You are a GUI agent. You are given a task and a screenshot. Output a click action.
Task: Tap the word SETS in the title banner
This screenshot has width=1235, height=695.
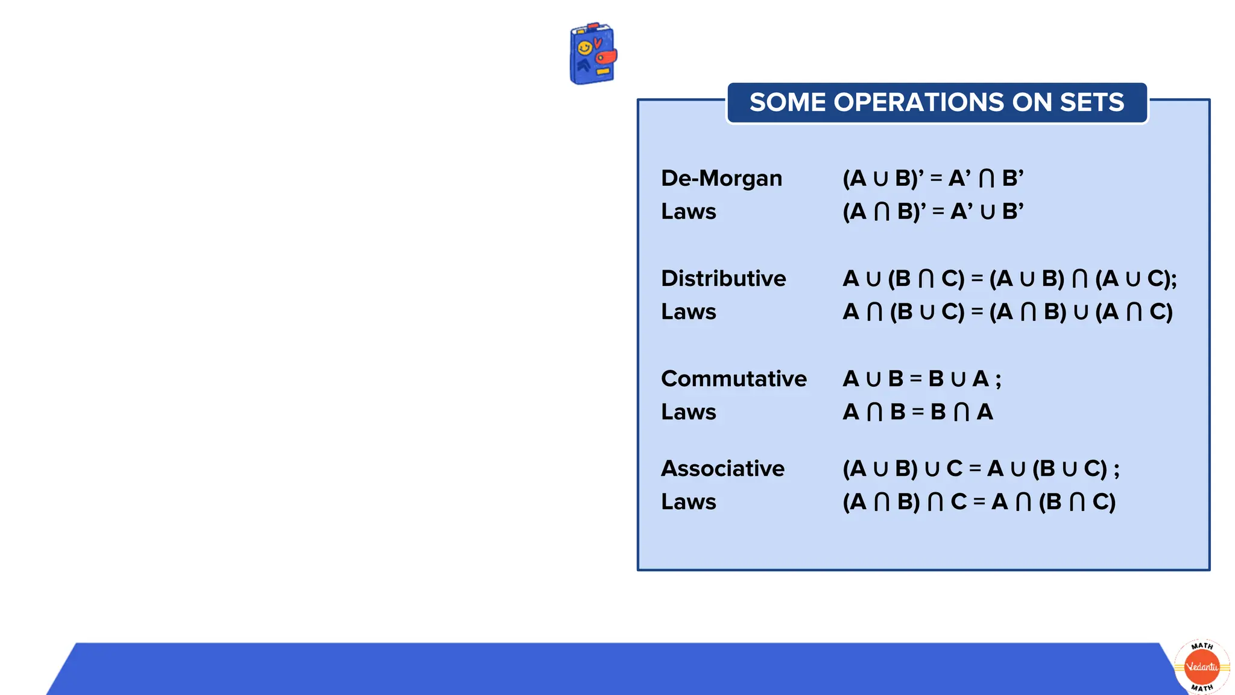pyautogui.click(x=1091, y=103)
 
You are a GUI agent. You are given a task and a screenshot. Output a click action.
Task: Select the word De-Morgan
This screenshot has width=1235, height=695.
pyautogui.click(x=721, y=179)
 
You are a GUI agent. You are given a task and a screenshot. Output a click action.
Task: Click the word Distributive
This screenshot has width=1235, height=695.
pyautogui.click(x=723, y=279)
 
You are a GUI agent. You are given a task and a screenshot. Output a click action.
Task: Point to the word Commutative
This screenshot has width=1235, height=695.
pyautogui.click(x=733, y=379)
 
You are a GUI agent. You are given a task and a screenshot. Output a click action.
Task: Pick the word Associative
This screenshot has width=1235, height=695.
pyautogui.click(x=722, y=469)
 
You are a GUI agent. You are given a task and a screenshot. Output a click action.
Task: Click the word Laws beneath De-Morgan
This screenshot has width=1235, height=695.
pyautogui.click(x=688, y=212)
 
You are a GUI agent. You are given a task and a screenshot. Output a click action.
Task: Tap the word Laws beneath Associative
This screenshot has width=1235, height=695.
pyautogui.click(x=688, y=502)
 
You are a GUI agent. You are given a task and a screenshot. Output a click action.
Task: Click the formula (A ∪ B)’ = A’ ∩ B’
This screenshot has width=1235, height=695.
pyautogui.click(x=932, y=179)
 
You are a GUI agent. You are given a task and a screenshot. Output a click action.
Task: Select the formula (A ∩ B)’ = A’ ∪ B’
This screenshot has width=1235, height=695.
pyautogui.click(x=932, y=212)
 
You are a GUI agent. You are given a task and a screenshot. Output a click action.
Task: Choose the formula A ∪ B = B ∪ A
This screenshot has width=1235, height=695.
pyautogui.click(x=921, y=379)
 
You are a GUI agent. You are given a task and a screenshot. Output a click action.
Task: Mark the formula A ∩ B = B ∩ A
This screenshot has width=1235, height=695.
pyautogui.click(x=917, y=412)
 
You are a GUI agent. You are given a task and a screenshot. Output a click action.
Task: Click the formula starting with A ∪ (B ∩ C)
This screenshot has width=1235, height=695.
pyautogui.click(x=1009, y=279)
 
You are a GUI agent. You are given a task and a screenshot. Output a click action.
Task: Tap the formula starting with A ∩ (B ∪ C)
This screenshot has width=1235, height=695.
pyautogui.click(x=1007, y=312)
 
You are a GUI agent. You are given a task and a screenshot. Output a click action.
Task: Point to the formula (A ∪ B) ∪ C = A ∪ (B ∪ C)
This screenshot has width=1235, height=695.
pyautogui.click(x=980, y=469)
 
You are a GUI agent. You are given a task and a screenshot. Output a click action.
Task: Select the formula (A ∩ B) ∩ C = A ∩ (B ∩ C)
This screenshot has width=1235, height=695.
pyautogui.click(x=979, y=502)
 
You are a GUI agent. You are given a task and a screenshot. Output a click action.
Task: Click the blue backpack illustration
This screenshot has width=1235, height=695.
pyautogui.click(x=593, y=54)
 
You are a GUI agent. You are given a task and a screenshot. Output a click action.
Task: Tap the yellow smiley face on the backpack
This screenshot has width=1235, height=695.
pyautogui.click(x=584, y=48)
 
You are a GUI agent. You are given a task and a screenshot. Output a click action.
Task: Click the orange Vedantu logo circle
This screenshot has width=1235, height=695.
pyautogui.click(x=1202, y=667)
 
